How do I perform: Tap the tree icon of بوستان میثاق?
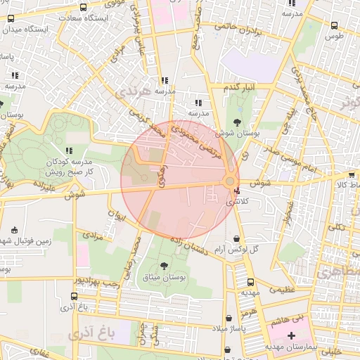(x=164, y=266)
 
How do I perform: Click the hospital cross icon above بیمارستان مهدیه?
(x=291, y=335)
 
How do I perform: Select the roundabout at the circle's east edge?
(x=230, y=183)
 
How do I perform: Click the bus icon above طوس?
(x=334, y=25)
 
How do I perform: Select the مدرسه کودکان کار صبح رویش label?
(x=70, y=166)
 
